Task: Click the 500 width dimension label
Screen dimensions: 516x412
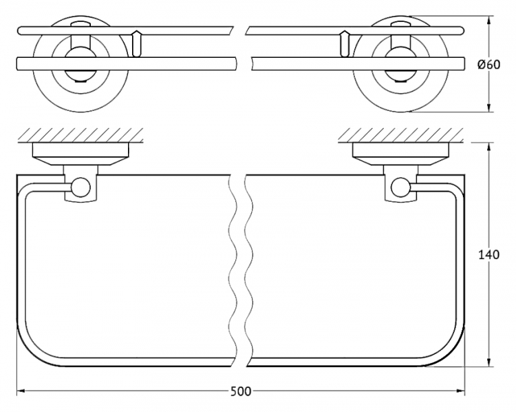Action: coord(241,391)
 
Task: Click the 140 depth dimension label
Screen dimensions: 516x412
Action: coord(488,254)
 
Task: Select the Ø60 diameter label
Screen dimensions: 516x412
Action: coord(488,65)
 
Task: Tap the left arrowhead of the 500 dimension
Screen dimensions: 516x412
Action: coord(21,391)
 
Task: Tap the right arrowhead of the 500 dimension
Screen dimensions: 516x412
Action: coord(460,391)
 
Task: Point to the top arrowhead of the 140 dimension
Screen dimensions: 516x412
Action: coord(489,147)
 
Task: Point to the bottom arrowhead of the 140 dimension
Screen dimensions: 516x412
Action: coord(489,362)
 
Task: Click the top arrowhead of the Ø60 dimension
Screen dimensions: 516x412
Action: coord(489,20)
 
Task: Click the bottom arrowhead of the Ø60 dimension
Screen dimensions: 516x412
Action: coord(489,107)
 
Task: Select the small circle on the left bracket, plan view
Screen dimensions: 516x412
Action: coord(81,187)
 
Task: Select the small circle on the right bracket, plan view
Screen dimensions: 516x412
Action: coord(400,187)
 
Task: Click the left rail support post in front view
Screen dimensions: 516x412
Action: coord(136,44)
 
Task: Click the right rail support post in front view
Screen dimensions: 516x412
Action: coord(345,44)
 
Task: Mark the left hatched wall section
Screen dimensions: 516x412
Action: coord(80,135)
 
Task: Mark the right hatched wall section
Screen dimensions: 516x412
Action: coord(401,135)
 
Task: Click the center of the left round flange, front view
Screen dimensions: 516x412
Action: coord(80,65)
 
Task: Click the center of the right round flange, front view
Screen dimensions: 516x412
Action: coord(401,65)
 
